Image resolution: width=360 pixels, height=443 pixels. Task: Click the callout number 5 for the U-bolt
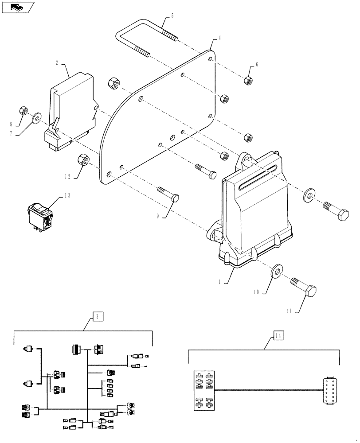(x=172, y=16)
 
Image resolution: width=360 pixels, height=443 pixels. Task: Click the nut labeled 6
(x=248, y=80)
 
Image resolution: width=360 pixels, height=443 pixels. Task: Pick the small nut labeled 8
(x=25, y=110)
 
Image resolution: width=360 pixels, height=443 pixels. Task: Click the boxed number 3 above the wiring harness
(x=98, y=316)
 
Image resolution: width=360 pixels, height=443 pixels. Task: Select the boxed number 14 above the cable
(x=278, y=335)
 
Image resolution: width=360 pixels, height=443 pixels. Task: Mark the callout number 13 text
(x=67, y=194)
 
